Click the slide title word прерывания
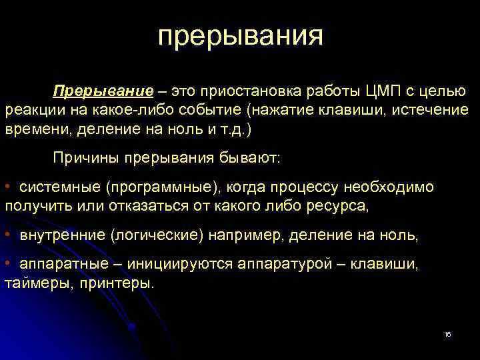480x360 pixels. coord(240,37)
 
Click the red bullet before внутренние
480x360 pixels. coord(7,235)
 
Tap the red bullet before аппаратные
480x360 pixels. coord(7,265)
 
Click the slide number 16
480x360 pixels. coord(447,334)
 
